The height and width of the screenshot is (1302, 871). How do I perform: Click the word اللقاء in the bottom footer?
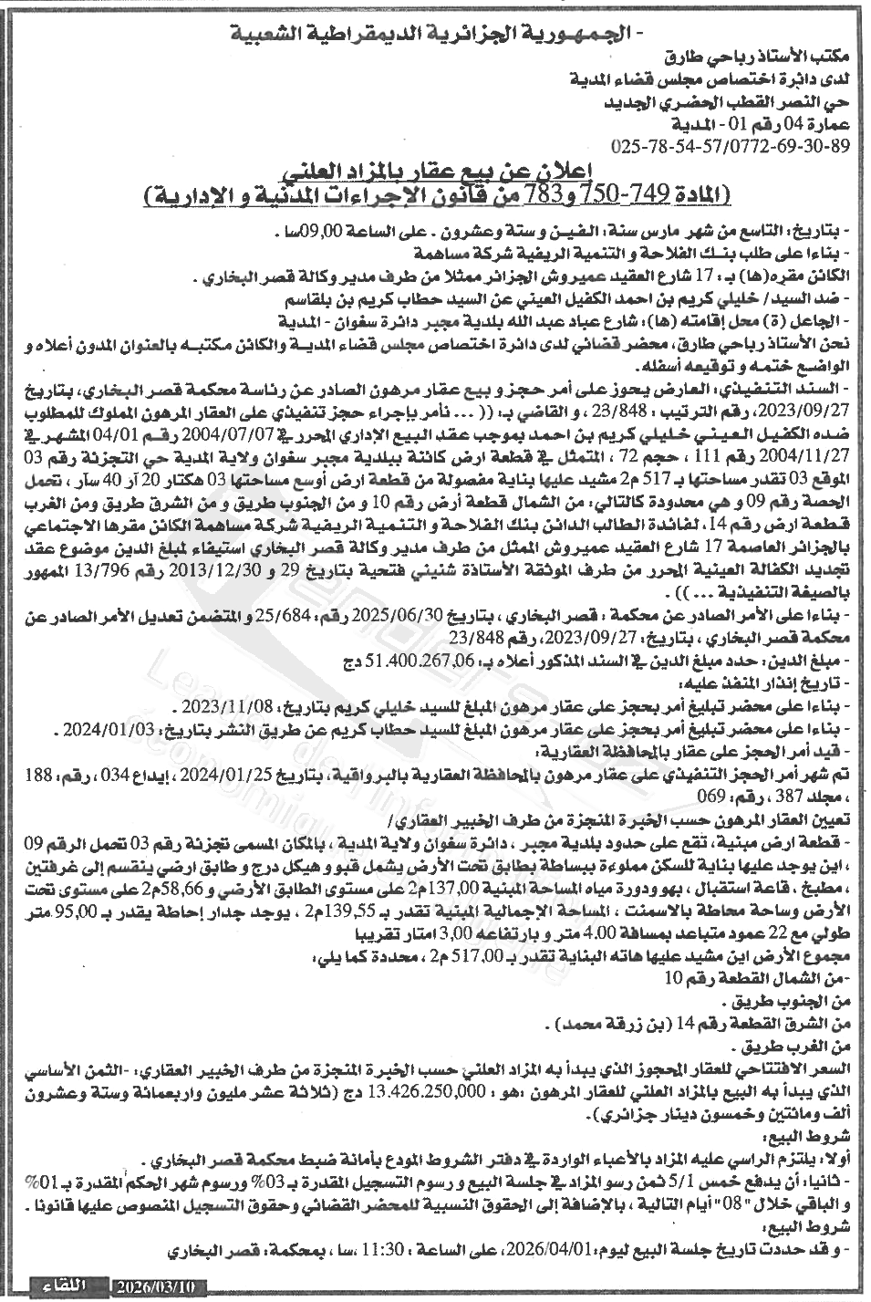click(x=66, y=1288)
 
